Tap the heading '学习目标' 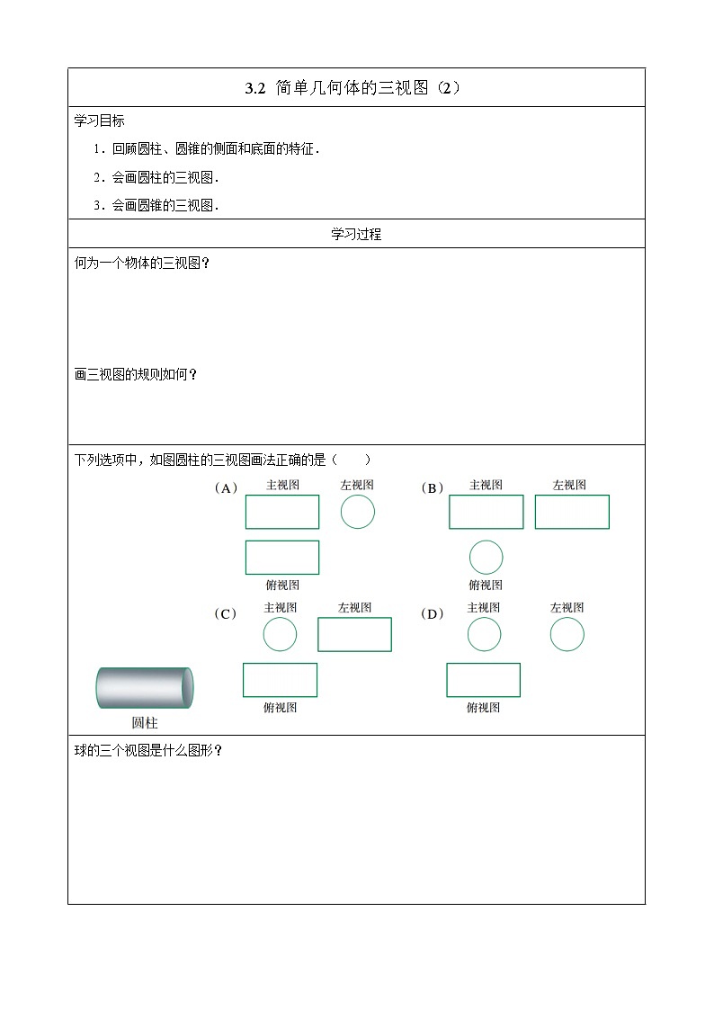point(99,121)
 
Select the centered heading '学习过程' point(356,234)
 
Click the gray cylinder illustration point(144,688)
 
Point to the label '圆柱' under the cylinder point(144,722)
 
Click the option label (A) point(225,488)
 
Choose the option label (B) point(432,488)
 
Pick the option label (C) point(225,614)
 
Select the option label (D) point(432,614)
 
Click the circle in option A point(357,512)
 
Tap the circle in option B point(486,558)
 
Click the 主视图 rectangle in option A point(282,512)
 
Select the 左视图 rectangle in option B point(572,512)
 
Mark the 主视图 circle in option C point(280,635)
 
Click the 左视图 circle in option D point(567,635)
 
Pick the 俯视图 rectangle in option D point(483,680)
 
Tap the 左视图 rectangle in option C point(354,634)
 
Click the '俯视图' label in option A point(282,585)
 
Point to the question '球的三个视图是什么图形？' point(147,751)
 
